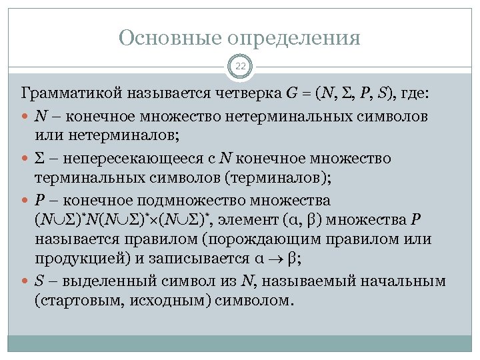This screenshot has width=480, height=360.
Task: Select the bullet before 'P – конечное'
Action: [x=26, y=201]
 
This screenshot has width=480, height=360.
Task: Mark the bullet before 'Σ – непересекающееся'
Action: [x=26, y=159]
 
